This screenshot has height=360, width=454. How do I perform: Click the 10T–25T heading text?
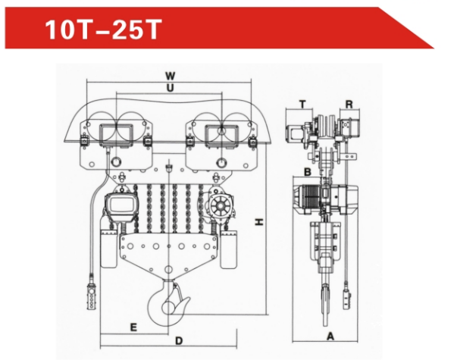103,30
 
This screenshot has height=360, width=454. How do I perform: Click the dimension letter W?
171,76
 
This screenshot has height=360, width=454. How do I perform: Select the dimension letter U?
170,88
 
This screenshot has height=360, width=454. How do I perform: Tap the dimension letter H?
259,222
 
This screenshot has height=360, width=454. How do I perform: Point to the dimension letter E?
133,327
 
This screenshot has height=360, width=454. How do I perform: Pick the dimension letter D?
179,341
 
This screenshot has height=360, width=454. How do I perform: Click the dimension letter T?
302,104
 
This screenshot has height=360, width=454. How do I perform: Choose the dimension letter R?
349,105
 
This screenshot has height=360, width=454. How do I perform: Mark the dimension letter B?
308,172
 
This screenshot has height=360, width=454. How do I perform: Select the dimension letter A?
330,337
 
